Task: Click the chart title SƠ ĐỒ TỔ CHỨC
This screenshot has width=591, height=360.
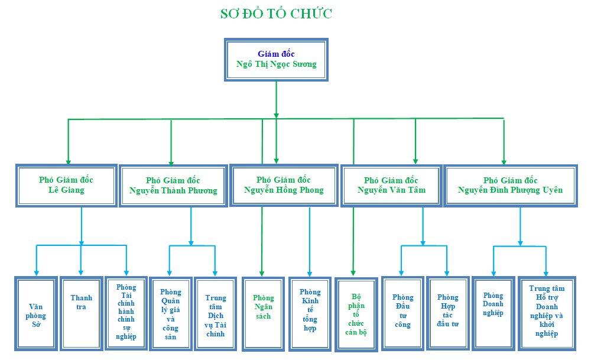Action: pyautogui.click(x=276, y=14)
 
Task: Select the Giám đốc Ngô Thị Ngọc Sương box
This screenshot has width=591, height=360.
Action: pyautogui.click(x=276, y=60)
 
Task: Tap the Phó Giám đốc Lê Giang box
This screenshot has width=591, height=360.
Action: pyautogui.click(x=66, y=186)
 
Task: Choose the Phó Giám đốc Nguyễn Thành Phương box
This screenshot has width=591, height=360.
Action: pyautogui.click(x=173, y=186)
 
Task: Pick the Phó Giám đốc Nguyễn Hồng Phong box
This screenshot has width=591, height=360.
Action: pyautogui.click(x=284, y=185)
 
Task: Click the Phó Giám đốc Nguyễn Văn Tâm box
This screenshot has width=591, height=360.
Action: pyautogui.click(x=391, y=186)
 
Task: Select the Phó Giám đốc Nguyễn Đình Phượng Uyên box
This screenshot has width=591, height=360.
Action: pyautogui.click(x=511, y=186)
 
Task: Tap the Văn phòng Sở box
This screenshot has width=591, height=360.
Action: pyautogui.click(x=36, y=314)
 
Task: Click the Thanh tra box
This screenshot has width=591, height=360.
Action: pyautogui.click(x=82, y=314)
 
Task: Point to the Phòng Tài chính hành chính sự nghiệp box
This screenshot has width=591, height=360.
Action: pyautogui.click(x=126, y=313)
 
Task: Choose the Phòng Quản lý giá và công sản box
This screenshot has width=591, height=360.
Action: pyautogui.click(x=171, y=314)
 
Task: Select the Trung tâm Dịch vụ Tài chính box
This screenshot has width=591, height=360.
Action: pyautogui.click(x=216, y=314)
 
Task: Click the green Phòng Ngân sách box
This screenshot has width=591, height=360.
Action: pyautogui.click(x=263, y=314)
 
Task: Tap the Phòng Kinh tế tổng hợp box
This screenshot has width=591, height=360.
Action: pyautogui.click(x=310, y=314)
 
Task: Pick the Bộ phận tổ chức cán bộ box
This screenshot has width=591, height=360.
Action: pyautogui.click(x=356, y=314)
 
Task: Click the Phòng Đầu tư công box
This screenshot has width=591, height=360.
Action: pyautogui.click(x=403, y=314)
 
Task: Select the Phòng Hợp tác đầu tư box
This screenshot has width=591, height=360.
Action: pyautogui.click(x=448, y=314)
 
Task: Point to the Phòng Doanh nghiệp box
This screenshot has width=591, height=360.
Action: pyautogui.click(x=493, y=314)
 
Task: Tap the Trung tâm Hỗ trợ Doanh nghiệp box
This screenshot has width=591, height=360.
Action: pyautogui.click(x=547, y=314)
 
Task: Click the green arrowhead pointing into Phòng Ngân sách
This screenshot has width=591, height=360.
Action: pyautogui.click(x=262, y=274)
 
